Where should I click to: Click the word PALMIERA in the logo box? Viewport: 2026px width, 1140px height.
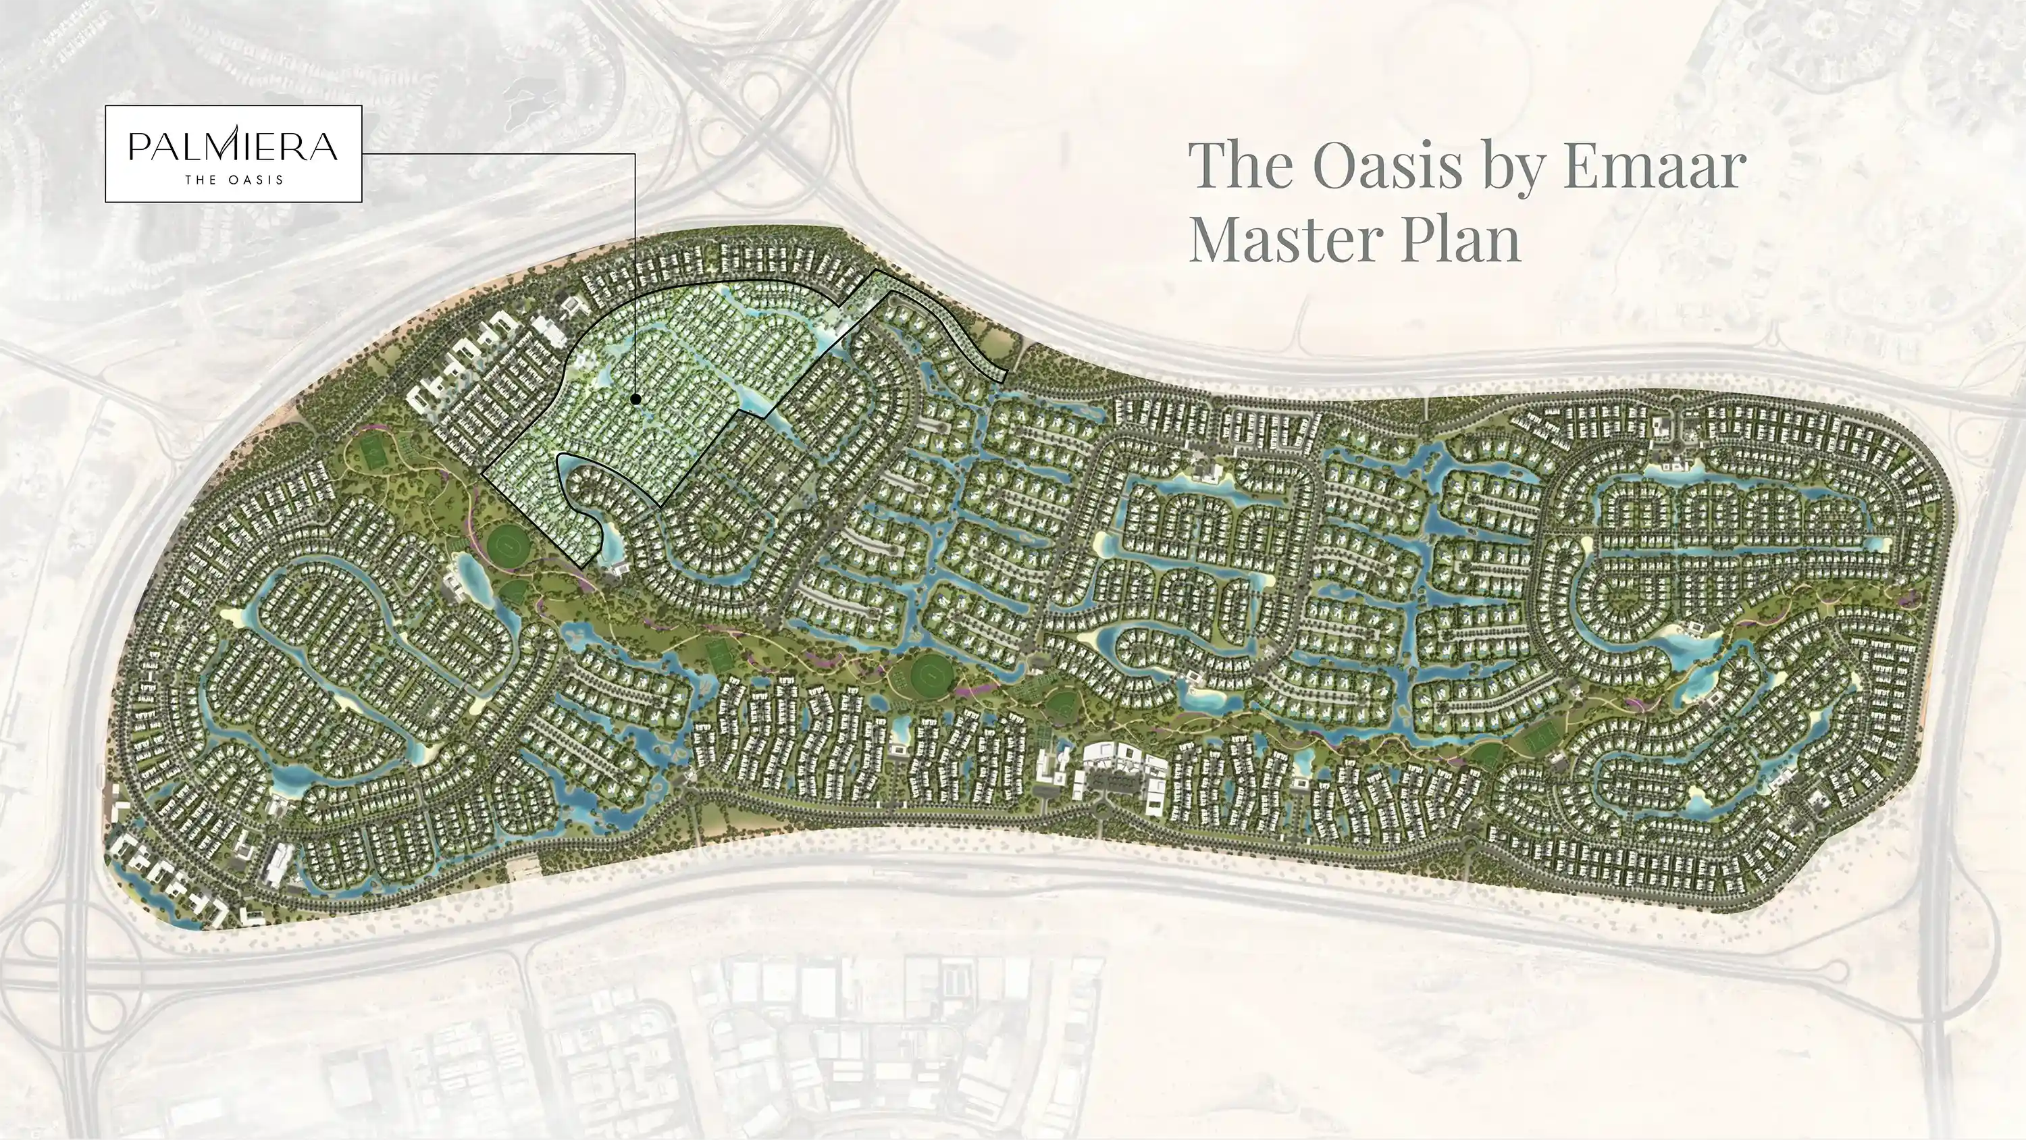tap(233, 147)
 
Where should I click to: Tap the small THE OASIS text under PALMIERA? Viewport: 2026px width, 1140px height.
tap(234, 180)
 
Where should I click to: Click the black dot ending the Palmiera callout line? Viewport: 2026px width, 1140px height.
tap(635, 400)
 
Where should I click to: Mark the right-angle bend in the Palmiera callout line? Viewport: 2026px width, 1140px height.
tap(634, 154)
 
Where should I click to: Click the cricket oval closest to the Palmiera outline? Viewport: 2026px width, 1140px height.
tap(510, 542)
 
